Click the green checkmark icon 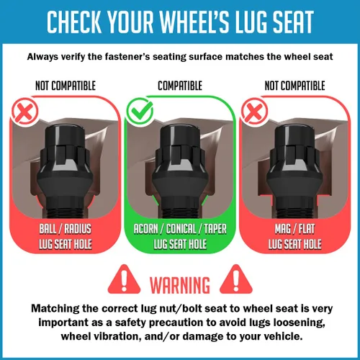point(140,111)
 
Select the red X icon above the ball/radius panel point(24,112)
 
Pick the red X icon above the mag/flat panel point(254,112)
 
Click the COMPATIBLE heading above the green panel point(180,86)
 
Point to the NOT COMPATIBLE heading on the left point(66,86)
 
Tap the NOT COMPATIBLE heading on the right point(294,86)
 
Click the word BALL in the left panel point(48,229)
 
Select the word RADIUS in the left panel point(78,229)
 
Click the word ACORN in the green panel point(145,229)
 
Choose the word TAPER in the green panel point(215,229)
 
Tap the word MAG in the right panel point(283,229)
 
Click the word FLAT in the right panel point(307,229)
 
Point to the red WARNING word point(180,285)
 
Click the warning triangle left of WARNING point(124,279)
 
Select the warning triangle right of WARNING point(236,279)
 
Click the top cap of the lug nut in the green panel point(180,135)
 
